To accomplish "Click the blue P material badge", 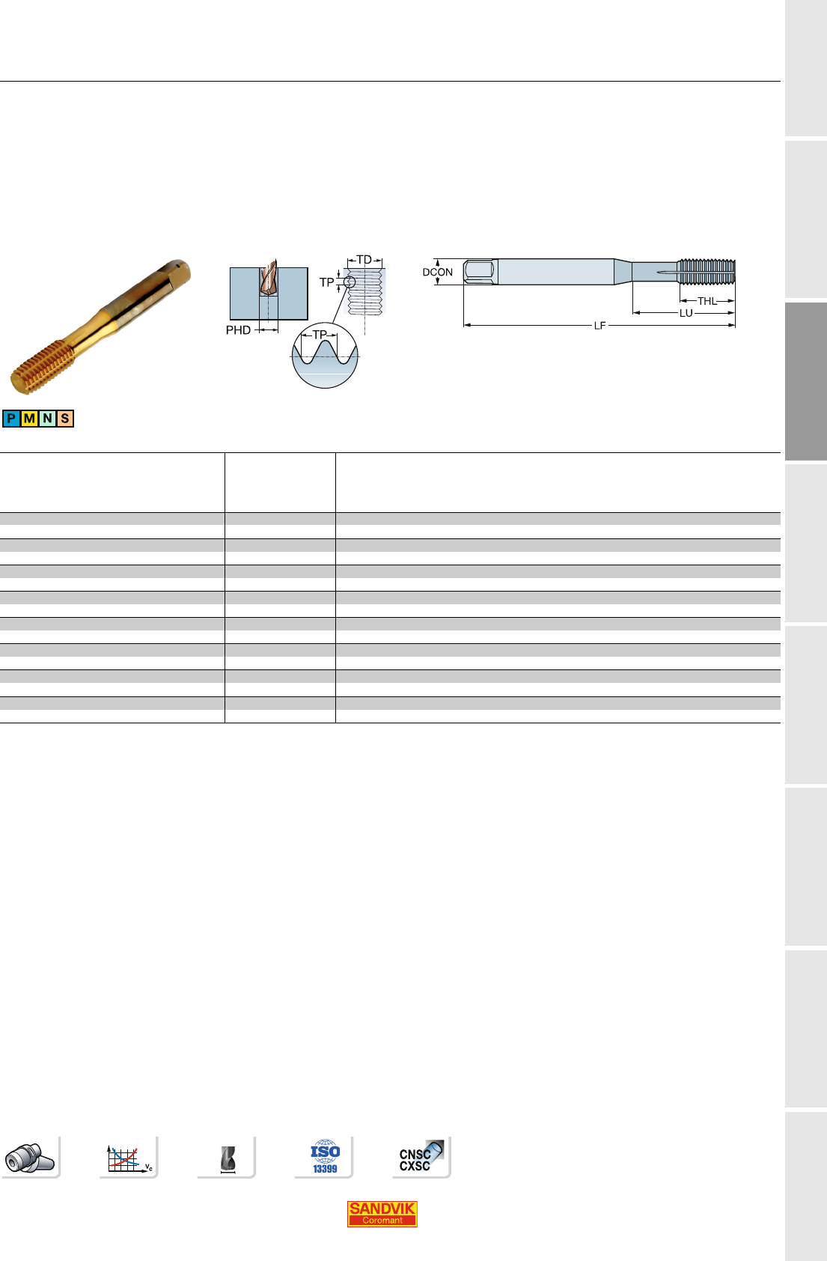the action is click(11, 419).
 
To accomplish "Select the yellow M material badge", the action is click(29, 419).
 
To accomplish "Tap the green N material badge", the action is click(47, 419).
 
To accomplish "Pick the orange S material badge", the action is click(65, 419).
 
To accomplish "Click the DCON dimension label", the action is click(437, 272).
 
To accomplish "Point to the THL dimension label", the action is click(707, 301).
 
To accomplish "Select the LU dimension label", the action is click(686, 313).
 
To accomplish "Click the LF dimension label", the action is click(599, 326).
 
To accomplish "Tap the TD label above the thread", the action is click(364, 260).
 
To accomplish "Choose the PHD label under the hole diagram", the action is click(238, 330).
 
